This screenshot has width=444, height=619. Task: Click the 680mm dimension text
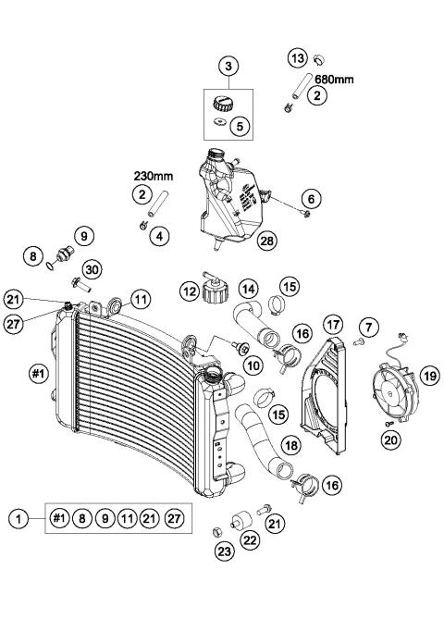(334, 80)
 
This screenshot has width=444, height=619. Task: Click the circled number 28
(268, 241)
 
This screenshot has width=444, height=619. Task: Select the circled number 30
(92, 268)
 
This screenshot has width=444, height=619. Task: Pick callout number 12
(189, 293)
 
